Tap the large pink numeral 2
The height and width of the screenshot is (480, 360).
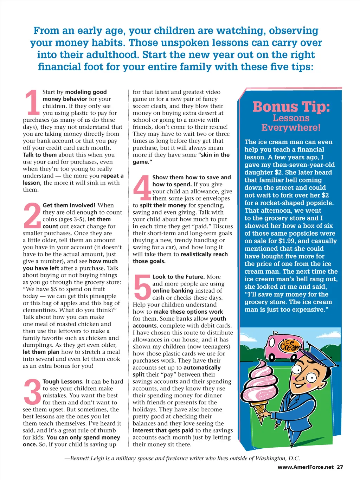[32, 215]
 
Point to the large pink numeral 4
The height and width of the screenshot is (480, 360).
[142, 187]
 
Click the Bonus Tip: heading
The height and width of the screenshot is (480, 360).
[291, 107]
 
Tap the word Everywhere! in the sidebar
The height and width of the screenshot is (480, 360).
[291, 127]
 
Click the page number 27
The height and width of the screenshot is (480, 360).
[340, 467]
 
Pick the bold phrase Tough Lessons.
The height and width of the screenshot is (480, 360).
[63, 382]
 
